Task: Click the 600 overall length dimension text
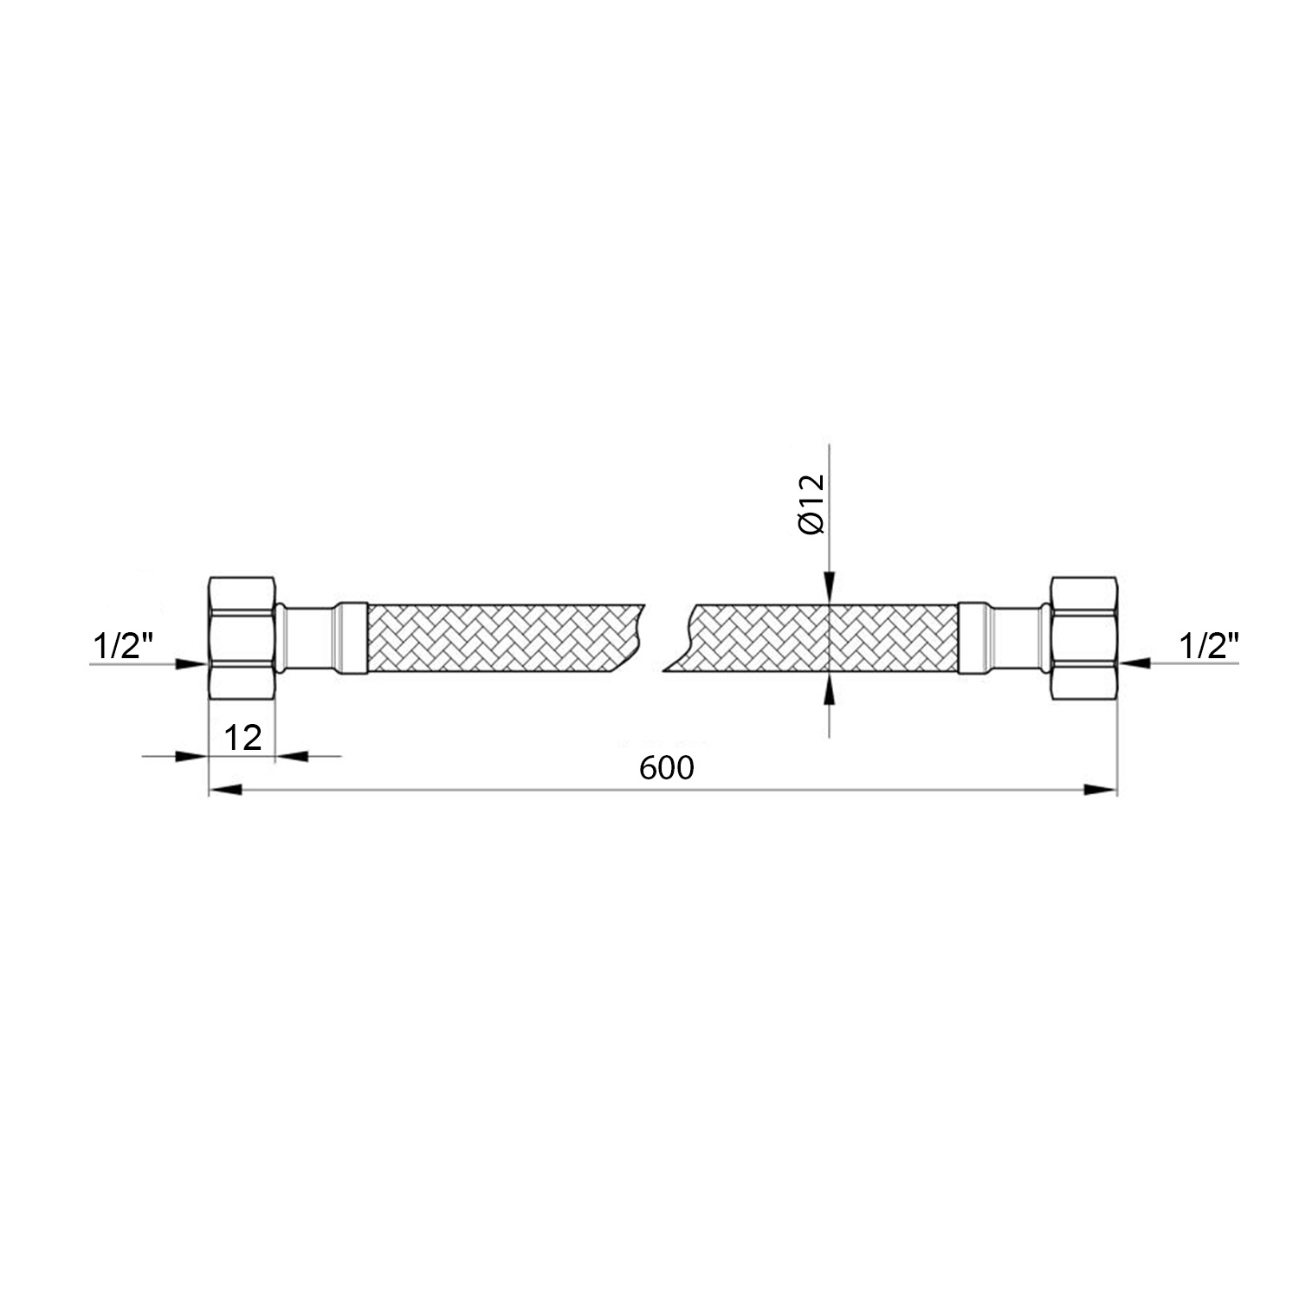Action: coord(668,767)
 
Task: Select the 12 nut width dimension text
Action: coord(243,738)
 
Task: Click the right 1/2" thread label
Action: coord(1209,645)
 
